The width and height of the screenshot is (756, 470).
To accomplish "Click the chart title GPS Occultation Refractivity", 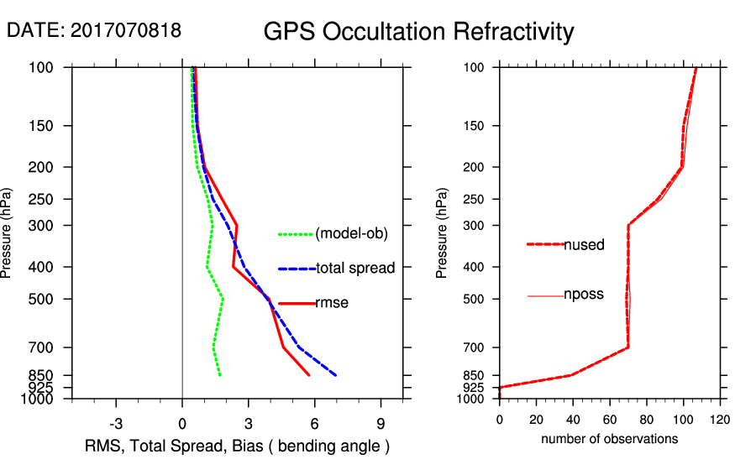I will coord(418,32).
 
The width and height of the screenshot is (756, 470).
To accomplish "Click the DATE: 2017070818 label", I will coord(94,30).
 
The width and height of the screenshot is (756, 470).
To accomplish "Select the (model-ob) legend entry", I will coord(351,234).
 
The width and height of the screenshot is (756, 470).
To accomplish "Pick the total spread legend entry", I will coord(354,269).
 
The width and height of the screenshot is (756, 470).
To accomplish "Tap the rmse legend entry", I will coord(331,303).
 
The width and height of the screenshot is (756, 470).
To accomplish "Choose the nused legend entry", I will coord(584,244).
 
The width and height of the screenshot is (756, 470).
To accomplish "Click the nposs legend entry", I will coord(584,295).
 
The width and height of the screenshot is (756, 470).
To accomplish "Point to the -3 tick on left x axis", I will coord(116,423).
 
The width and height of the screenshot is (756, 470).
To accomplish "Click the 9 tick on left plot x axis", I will coord(381,423).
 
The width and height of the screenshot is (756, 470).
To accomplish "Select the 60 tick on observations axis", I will coord(610,419).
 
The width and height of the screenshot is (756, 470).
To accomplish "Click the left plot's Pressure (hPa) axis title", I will coord(8,232).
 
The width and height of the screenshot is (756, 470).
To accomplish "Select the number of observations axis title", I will coord(609,439).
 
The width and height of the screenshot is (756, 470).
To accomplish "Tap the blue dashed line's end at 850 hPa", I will coord(336,375).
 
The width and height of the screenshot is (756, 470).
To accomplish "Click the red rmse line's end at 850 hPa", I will coord(309,375).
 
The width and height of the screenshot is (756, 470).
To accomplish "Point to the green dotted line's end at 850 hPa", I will coord(220,375).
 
